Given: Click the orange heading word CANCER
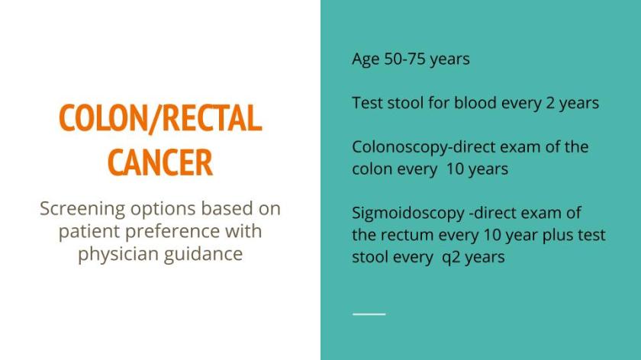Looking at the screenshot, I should click(159, 162).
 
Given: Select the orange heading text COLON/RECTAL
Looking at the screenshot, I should click(159, 118).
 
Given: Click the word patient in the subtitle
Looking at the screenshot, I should click(86, 231).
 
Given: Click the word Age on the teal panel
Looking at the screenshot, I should click(366, 59).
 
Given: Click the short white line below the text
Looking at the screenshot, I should click(369, 313).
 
